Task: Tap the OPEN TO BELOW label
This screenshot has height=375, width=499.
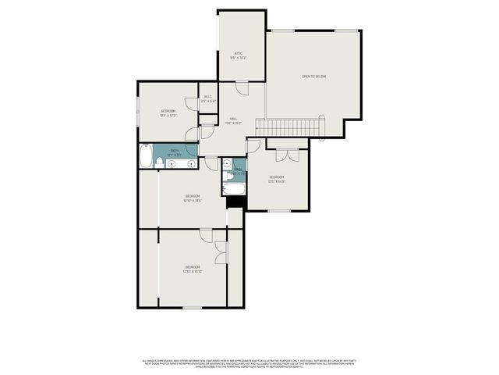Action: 313,77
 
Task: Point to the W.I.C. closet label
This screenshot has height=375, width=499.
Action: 207,99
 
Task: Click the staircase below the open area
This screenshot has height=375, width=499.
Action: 292,127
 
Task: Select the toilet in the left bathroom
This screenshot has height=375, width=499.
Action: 159,162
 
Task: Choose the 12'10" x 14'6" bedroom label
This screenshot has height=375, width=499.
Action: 193,198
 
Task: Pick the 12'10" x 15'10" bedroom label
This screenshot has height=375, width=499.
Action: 193,270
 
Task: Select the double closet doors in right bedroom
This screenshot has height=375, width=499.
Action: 287,155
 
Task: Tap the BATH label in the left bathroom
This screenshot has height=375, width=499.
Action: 175,152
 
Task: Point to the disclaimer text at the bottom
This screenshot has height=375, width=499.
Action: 249,364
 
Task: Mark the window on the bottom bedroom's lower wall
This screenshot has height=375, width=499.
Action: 192,308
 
